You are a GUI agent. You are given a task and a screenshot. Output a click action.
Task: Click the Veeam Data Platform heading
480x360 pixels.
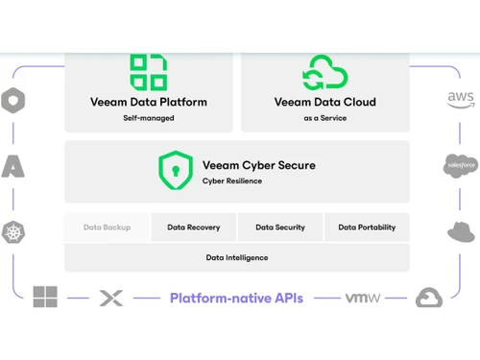[x=149, y=102]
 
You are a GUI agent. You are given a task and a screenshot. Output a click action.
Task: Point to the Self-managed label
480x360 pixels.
[x=149, y=118]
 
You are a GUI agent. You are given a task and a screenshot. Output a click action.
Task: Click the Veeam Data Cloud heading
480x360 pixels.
[x=324, y=102]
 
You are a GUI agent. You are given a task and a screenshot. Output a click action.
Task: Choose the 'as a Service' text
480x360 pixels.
[x=324, y=118]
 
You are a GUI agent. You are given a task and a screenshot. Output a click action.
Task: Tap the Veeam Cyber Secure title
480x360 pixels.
[x=258, y=165]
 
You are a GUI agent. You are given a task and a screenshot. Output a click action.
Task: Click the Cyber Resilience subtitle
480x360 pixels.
[x=231, y=180]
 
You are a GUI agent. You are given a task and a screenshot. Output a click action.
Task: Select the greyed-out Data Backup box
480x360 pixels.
[x=107, y=228]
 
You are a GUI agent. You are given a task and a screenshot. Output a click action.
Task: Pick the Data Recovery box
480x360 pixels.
[x=194, y=228]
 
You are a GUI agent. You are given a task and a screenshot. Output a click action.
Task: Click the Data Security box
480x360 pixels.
[x=280, y=228]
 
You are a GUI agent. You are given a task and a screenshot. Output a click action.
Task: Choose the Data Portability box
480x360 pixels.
[x=367, y=228]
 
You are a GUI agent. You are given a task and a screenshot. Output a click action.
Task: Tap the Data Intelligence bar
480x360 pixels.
[x=237, y=257]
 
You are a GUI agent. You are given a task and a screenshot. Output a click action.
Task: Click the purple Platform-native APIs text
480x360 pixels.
[x=236, y=298]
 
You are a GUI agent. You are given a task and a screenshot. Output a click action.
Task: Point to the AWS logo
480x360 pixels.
[x=461, y=100]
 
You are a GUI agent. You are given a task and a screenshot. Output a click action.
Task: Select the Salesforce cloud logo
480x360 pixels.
[x=461, y=165]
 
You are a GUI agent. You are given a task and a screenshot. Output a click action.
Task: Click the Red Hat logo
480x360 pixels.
[x=462, y=231]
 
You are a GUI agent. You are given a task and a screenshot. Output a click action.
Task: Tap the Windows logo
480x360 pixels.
[x=45, y=298]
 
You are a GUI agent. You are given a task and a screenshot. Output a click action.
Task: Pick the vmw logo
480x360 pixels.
[x=363, y=298]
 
